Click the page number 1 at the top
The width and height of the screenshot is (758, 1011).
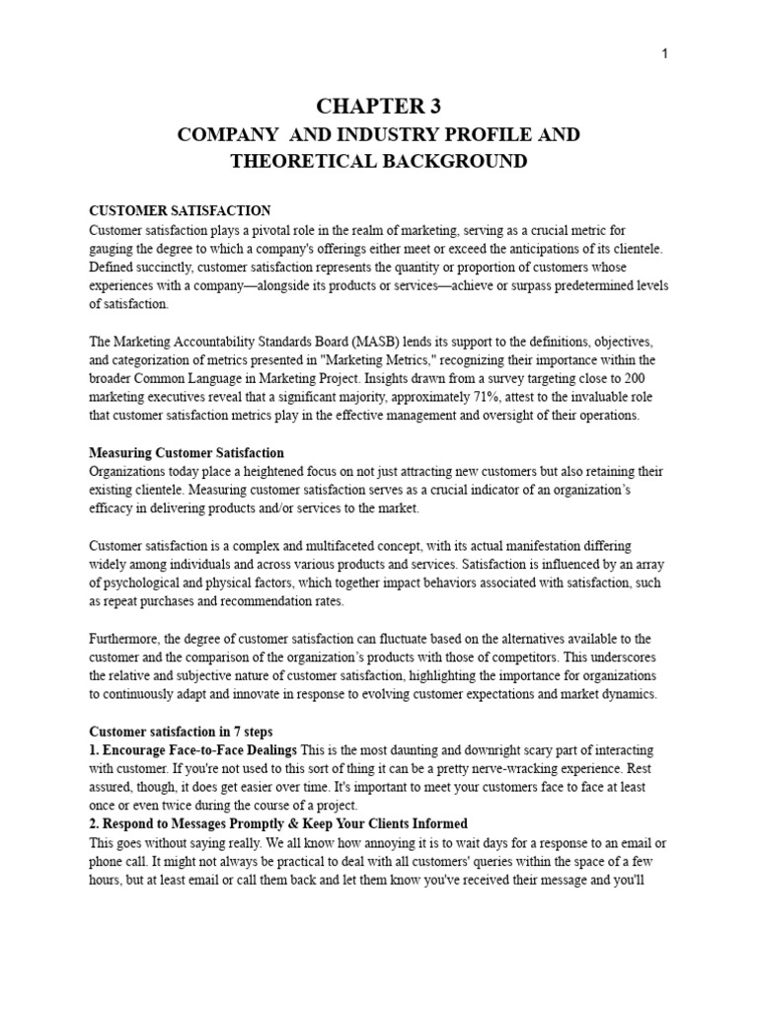click(665, 54)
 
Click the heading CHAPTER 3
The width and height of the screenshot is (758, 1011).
click(378, 107)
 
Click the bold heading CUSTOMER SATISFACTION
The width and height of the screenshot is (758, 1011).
click(180, 211)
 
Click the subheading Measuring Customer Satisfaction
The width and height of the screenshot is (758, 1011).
click(187, 452)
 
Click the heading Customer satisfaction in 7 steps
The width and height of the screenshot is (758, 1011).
click(187, 731)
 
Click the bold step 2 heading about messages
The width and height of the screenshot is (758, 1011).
click(278, 822)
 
